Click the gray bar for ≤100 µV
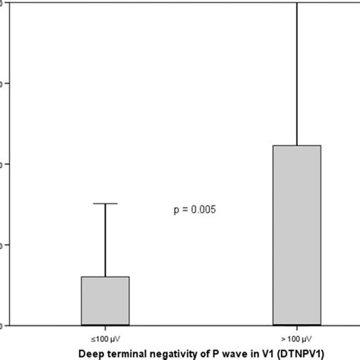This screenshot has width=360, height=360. (105, 301)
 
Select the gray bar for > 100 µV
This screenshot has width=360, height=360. (296, 235)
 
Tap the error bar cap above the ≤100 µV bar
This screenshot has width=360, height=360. (105, 204)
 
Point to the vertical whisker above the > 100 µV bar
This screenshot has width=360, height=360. (296, 76)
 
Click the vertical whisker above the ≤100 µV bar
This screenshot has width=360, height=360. (105, 239)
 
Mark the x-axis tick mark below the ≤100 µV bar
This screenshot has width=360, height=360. (105, 327)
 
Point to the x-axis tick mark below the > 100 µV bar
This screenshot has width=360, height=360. (296, 327)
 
